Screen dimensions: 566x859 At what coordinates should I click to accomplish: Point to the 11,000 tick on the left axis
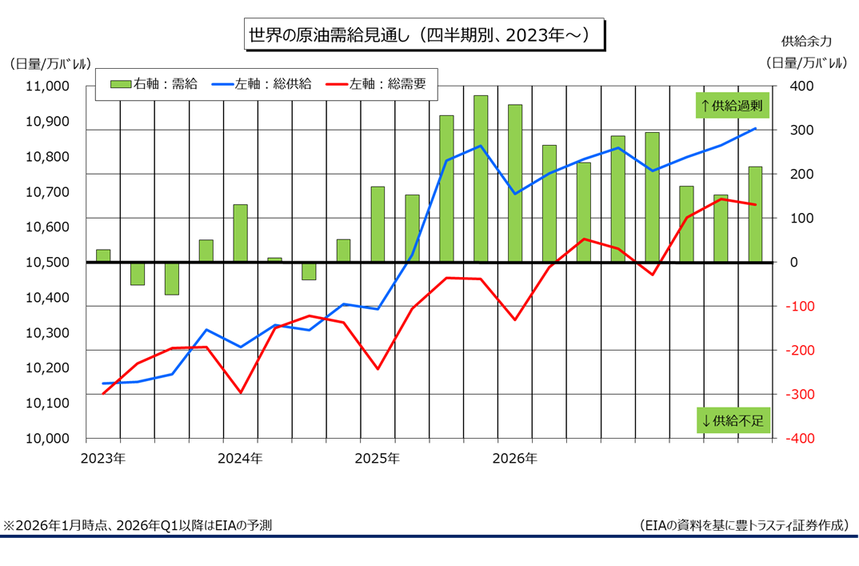(49, 86)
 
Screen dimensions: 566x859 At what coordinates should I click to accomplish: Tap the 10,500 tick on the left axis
(49, 263)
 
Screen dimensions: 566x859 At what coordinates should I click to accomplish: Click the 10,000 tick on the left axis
(49, 439)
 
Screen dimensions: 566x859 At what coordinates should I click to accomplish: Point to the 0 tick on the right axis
(795, 263)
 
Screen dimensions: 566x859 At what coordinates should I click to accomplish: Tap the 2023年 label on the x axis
(103, 459)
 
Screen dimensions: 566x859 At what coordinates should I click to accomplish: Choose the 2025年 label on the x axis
(378, 459)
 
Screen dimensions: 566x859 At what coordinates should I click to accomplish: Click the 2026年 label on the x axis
(515, 459)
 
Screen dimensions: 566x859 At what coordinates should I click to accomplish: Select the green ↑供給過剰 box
(733, 105)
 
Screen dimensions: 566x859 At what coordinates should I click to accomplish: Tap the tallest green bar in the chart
(481, 178)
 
